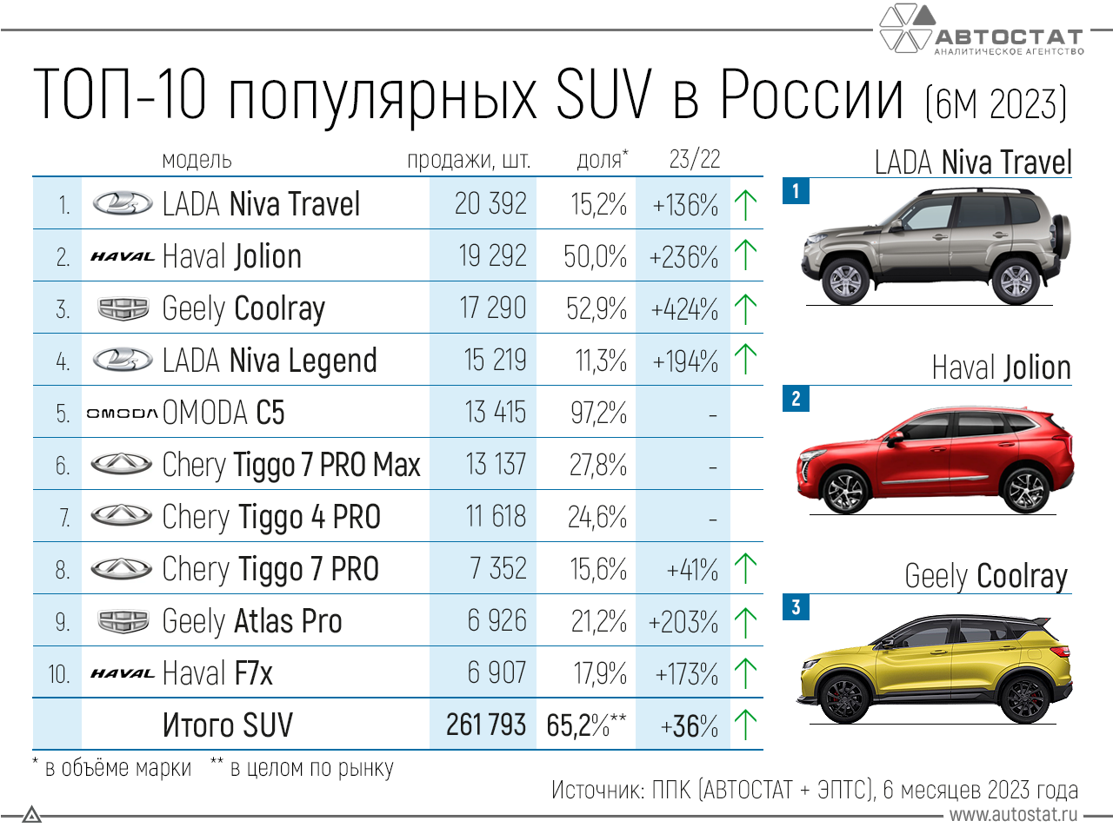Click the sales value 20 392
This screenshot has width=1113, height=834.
(x=490, y=204)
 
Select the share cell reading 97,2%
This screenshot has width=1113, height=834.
(x=598, y=413)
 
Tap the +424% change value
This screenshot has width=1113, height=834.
(x=684, y=309)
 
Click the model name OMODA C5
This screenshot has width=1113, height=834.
(x=223, y=413)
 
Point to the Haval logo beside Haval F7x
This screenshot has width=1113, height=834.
(x=122, y=673)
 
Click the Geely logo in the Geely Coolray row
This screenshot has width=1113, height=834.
(x=123, y=308)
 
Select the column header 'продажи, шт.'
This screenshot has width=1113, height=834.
(x=469, y=161)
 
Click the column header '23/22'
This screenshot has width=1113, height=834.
(x=694, y=159)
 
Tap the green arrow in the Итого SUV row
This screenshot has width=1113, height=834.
(x=745, y=725)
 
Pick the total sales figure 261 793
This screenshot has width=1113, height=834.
(x=486, y=725)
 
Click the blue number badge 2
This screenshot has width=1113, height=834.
(x=796, y=399)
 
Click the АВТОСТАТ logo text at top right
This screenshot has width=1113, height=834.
(x=1009, y=36)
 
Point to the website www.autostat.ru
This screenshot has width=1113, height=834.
(x=1013, y=815)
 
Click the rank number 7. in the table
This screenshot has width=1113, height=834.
(x=63, y=518)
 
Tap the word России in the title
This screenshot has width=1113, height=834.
(x=812, y=96)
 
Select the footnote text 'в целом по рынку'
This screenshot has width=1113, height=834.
(x=311, y=768)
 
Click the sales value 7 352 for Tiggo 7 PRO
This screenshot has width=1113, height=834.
(x=497, y=569)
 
